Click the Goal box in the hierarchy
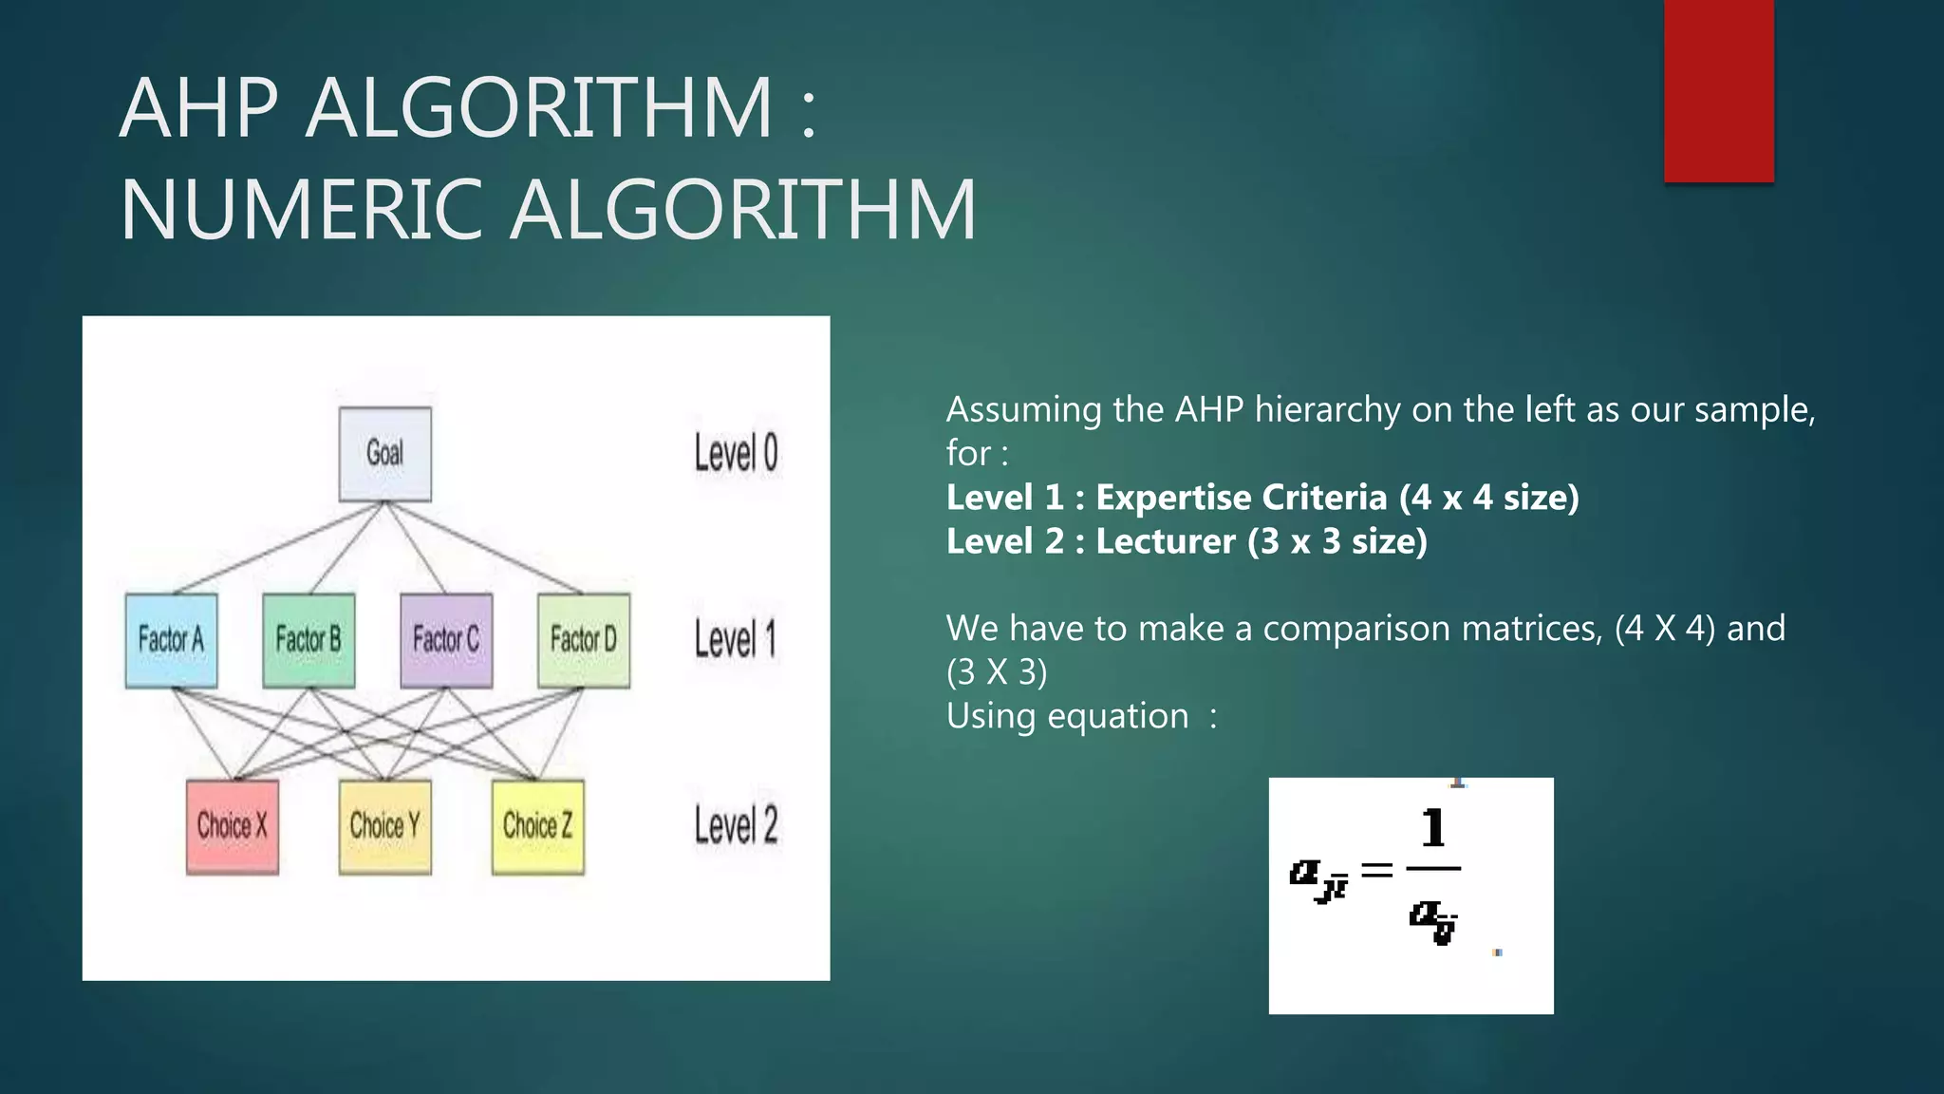pos(384,454)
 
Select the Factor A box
pos(171,640)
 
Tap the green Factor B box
pos(308,640)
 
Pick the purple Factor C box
pos(446,640)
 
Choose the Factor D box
pos(584,640)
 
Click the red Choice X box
pos(233,826)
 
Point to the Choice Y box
pos(384,826)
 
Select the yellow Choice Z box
pos(537,826)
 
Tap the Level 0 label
pos(736,453)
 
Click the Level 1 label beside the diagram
pos(736,639)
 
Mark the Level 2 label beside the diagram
pos(736,825)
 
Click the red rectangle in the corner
pos(1718,90)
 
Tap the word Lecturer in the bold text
pos(1166,541)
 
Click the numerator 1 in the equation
pos(1433,828)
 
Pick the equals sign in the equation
pos(1376,869)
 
